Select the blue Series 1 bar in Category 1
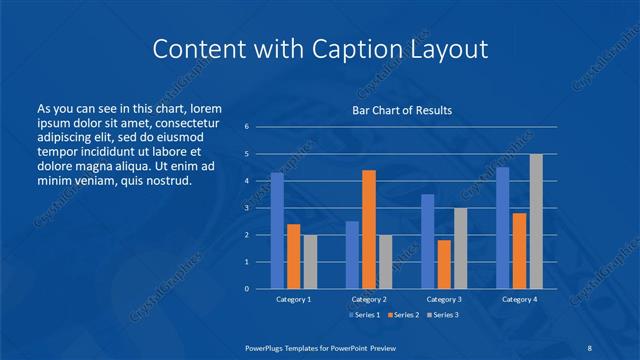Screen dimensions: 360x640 coord(277,231)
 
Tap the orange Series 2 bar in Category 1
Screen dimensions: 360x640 coord(293,256)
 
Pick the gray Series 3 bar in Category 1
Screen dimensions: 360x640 coord(310,261)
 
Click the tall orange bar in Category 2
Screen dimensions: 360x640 coord(368,229)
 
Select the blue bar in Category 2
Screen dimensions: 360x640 coord(352,255)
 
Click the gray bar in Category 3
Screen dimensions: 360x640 coord(460,248)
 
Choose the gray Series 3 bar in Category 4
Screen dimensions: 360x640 coord(536,221)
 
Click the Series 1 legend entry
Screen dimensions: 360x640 coord(364,315)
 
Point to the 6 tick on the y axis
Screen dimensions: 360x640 coord(246,127)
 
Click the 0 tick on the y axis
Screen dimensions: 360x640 coord(246,288)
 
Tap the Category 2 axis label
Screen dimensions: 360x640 coord(368,299)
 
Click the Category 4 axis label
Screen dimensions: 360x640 coord(518,299)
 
